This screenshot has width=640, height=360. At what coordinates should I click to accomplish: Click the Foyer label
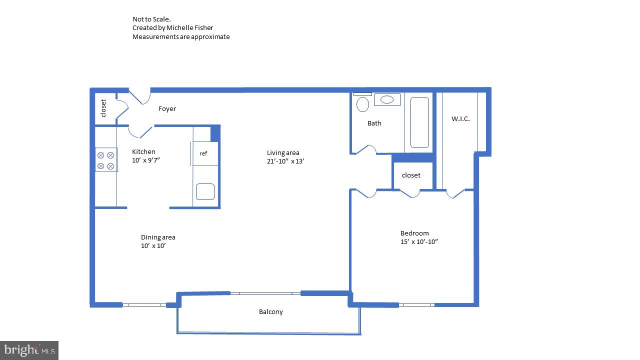point(167,109)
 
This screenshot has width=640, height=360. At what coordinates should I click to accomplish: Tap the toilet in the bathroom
point(363,104)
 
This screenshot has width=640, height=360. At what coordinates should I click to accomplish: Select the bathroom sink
point(387,99)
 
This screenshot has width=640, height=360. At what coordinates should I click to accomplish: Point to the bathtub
point(419,122)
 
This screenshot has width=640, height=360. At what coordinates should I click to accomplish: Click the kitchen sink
point(205,191)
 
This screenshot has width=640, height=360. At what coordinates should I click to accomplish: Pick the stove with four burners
point(106,160)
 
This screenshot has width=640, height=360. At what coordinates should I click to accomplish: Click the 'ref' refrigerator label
point(203,153)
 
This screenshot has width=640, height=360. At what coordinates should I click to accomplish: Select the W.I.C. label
point(460,119)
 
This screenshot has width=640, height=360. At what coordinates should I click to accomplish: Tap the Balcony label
point(270,312)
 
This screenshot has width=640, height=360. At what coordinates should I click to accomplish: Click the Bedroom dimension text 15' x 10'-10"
point(419,242)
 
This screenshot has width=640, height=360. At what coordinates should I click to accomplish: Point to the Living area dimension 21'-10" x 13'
point(285,161)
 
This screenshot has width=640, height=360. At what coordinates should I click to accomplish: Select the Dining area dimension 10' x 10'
point(153,246)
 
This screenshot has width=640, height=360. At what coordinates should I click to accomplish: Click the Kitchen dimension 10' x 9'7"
point(146,160)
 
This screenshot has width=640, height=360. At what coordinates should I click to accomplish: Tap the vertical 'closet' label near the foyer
point(103,108)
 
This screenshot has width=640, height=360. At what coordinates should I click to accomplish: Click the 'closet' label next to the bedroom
point(411,175)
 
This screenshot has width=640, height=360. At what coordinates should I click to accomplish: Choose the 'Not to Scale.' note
point(151,19)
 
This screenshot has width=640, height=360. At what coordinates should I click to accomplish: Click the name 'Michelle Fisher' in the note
point(189,28)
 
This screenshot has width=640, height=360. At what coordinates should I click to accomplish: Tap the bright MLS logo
point(29,350)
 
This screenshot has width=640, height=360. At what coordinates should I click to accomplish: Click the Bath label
point(374,123)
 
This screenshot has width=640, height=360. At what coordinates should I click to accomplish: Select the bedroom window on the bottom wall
point(416,304)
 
